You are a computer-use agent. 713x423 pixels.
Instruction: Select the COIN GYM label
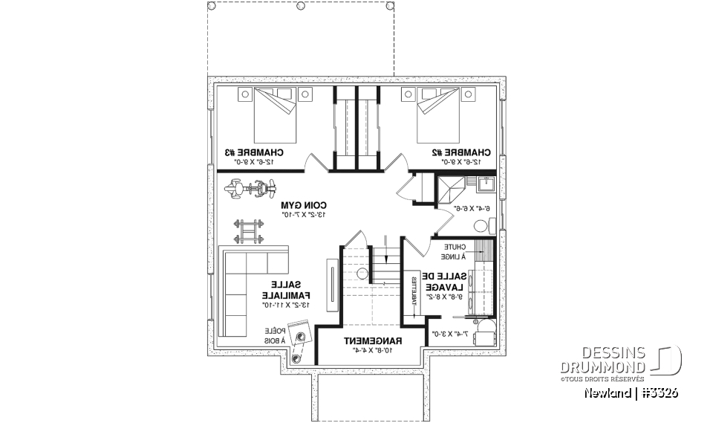pyautogui.click(x=304, y=205)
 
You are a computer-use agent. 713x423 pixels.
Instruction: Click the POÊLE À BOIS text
pyautogui.click(x=273, y=337)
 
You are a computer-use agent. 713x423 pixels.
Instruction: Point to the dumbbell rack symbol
pyautogui.click(x=249, y=230)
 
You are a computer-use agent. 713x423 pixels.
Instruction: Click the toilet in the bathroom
pyautogui.click(x=481, y=225)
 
